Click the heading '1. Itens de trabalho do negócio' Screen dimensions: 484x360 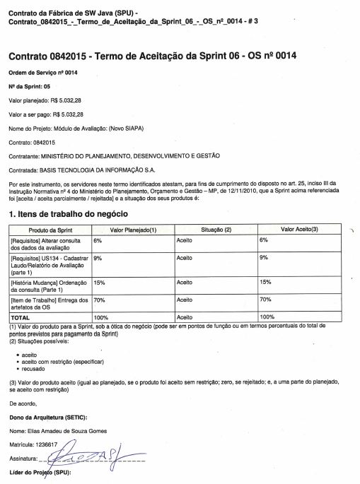point(68,213)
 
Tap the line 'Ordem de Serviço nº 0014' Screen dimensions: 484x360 point(43,73)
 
